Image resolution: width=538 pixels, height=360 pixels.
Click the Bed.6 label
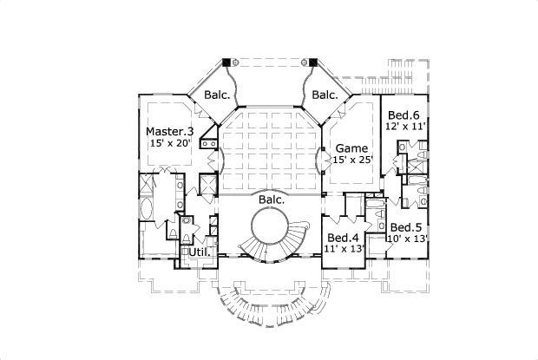(402, 115)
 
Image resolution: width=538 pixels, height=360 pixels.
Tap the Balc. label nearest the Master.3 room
(216, 95)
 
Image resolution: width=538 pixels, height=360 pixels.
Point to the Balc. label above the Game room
(325, 95)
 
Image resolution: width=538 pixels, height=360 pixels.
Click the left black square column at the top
(227, 62)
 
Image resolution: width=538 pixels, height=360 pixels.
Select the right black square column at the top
(312, 62)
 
